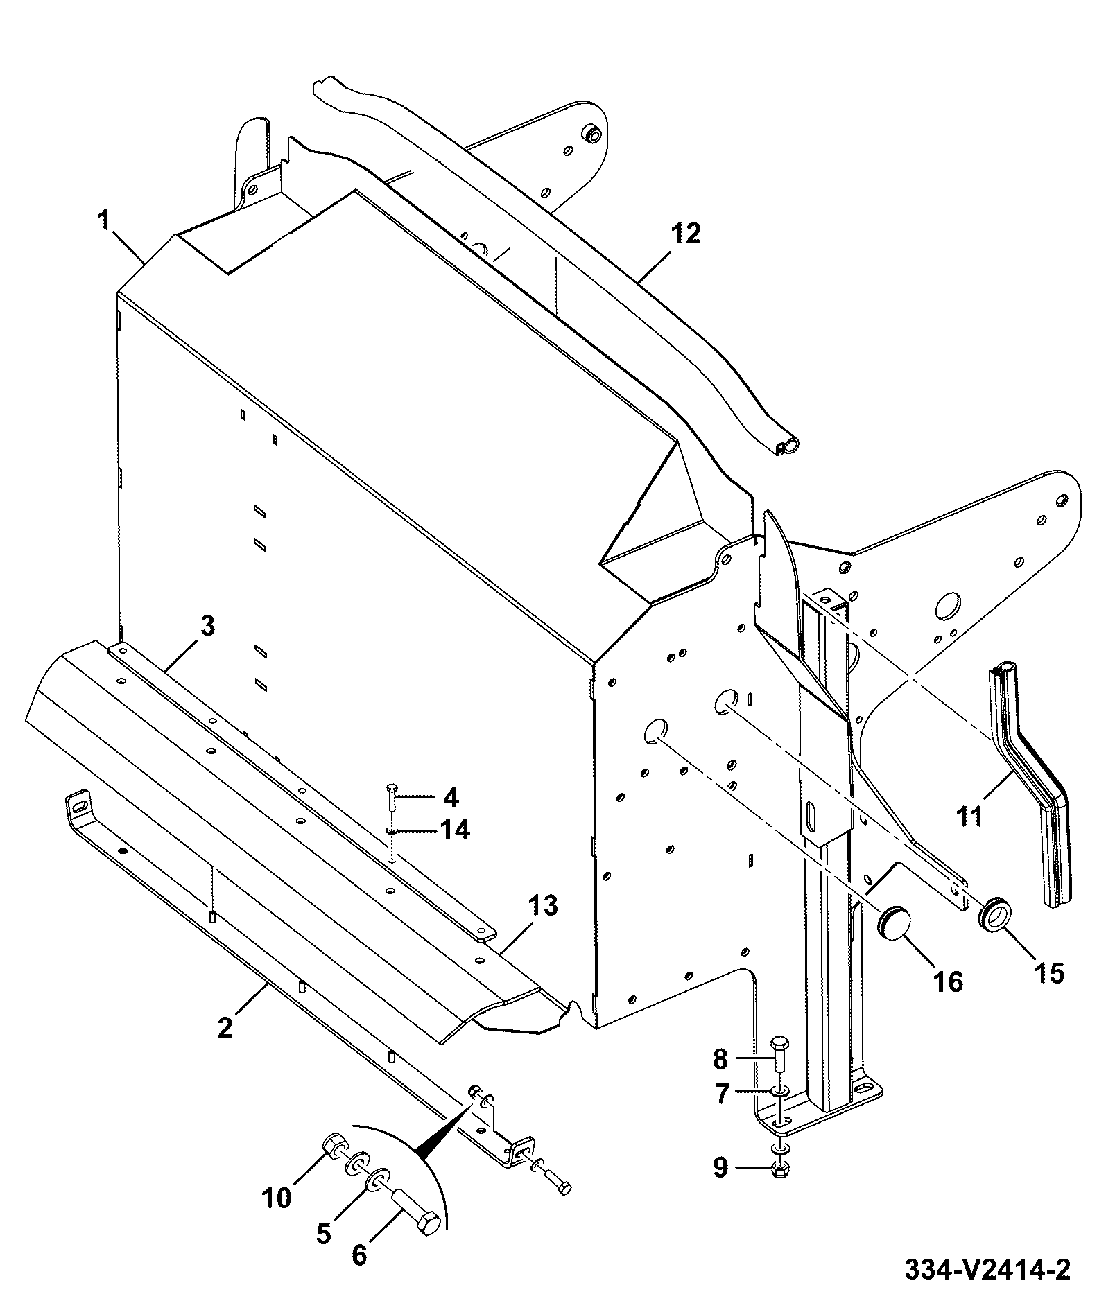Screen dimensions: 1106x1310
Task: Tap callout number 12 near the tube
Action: point(686,234)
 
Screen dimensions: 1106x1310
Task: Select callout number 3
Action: point(207,627)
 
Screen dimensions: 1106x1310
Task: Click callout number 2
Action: point(225,1028)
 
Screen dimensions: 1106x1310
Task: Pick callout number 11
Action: point(969,816)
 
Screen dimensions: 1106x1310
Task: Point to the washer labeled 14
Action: point(392,830)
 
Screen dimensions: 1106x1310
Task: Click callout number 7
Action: point(721,1094)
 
